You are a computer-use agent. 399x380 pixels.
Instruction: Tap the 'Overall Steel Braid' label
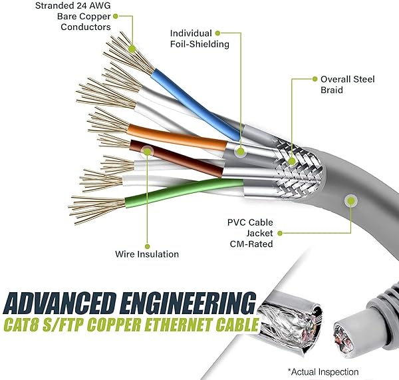coord(348,85)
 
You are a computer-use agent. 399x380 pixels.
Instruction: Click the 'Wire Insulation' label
coord(147,254)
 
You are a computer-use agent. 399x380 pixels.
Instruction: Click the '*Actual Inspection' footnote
coord(323,371)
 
